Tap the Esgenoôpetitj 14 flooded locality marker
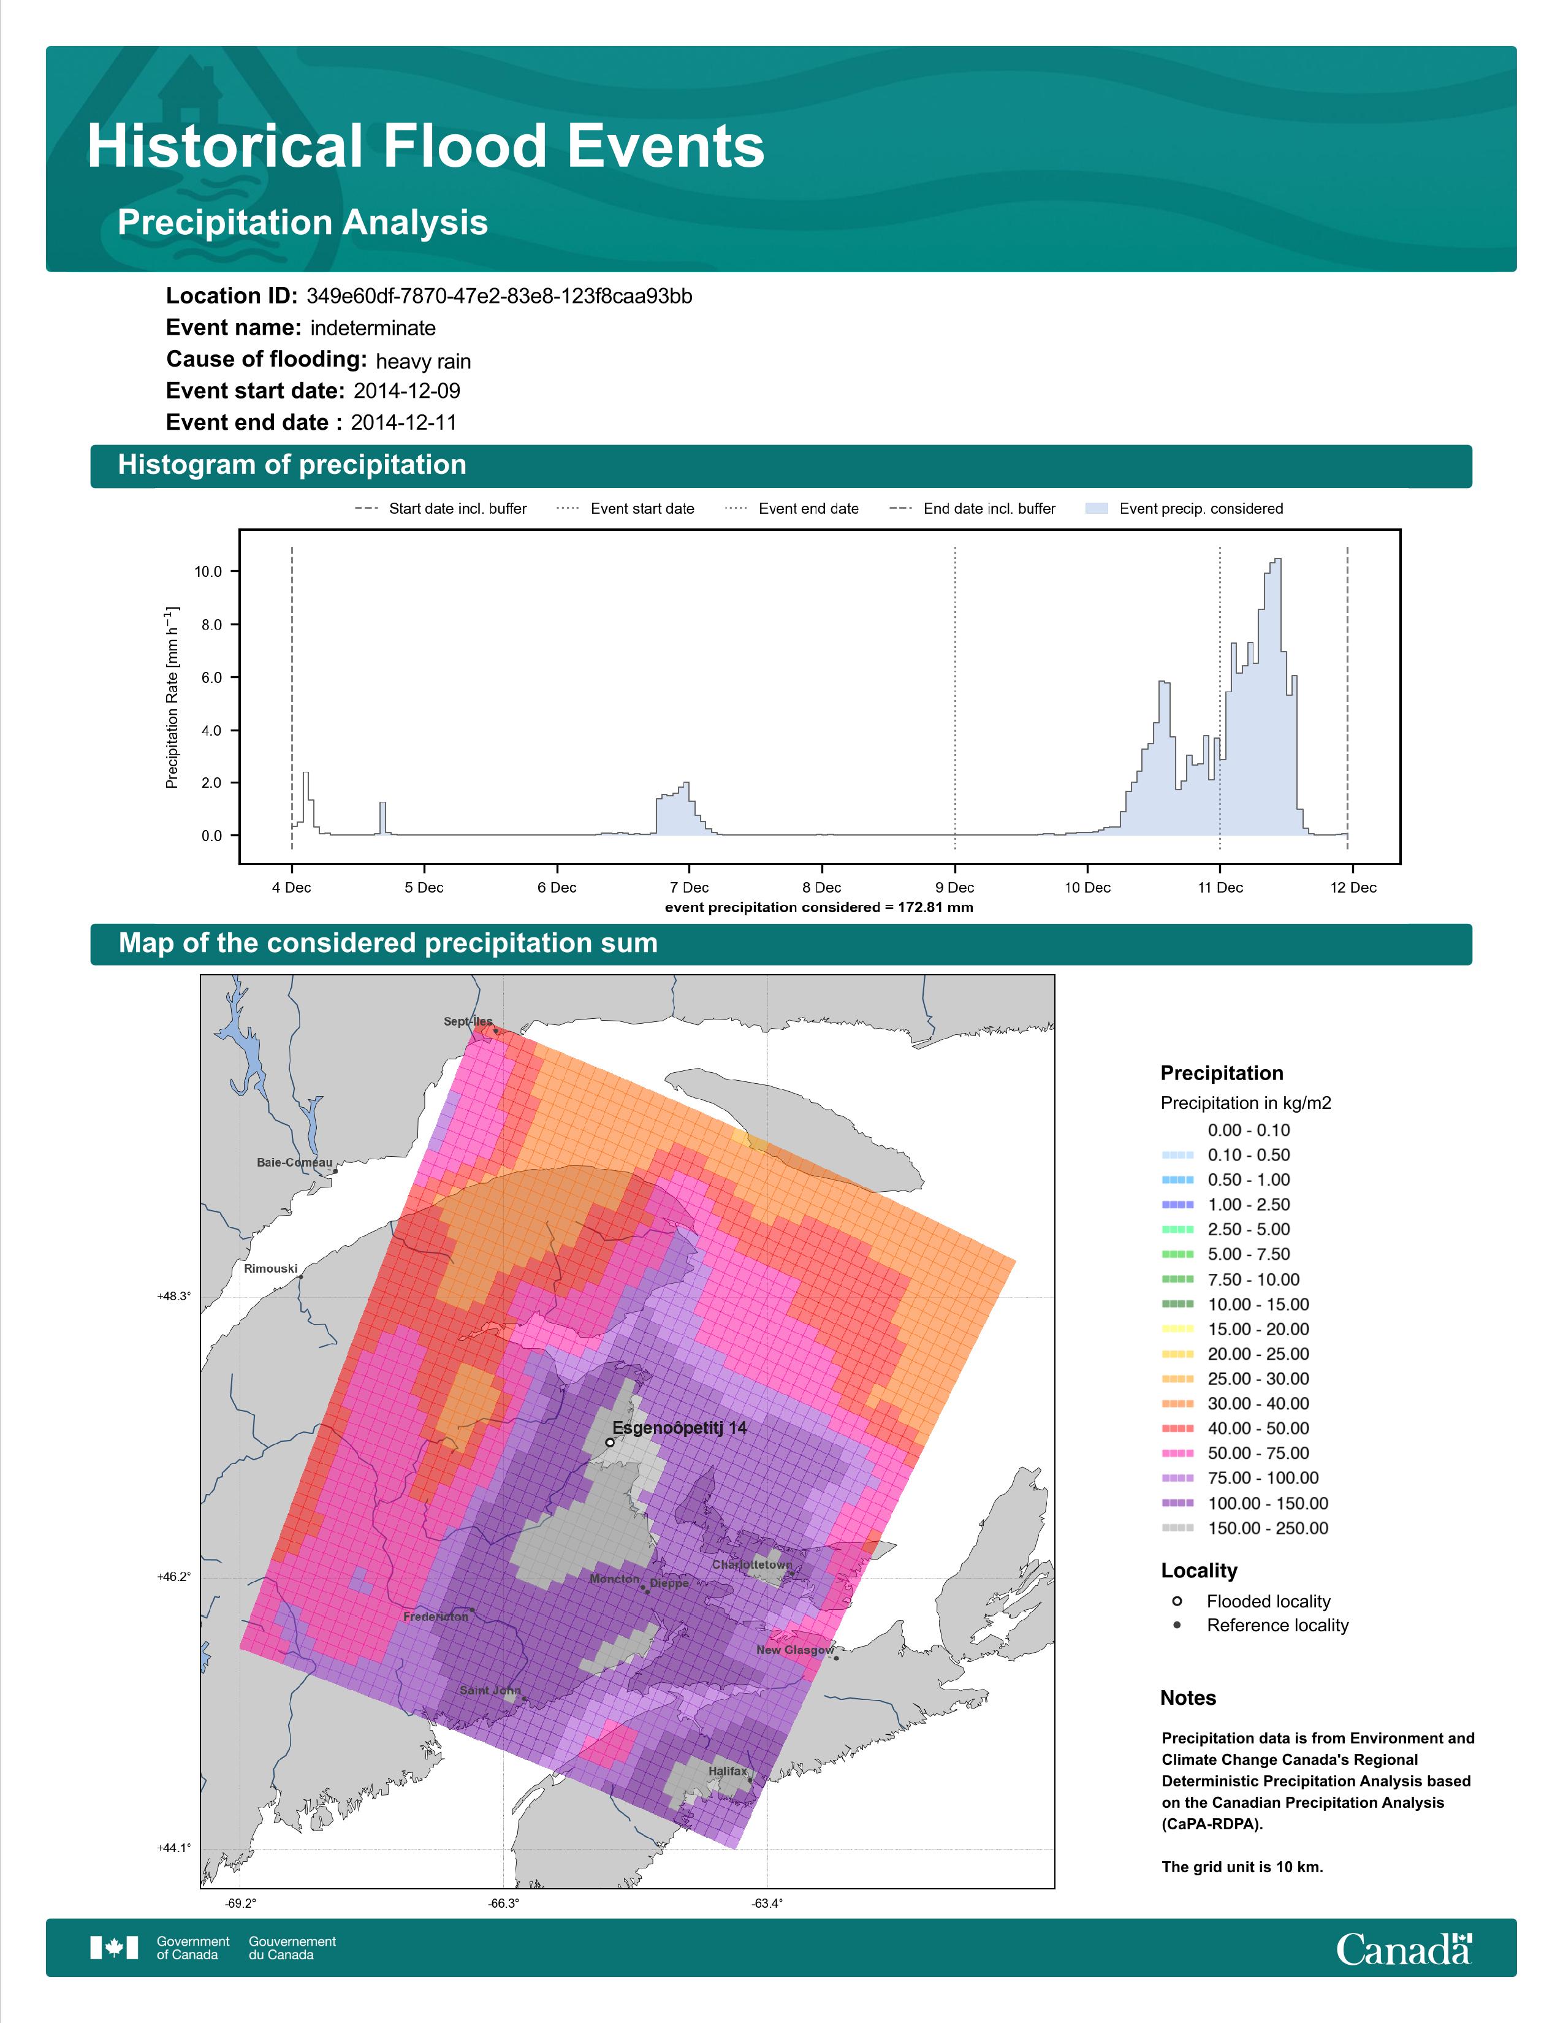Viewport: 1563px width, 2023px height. pyautogui.click(x=609, y=1442)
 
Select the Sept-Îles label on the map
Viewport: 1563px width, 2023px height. pyautogui.click(x=468, y=1022)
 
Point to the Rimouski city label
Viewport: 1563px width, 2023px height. pyautogui.click(x=270, y=1269)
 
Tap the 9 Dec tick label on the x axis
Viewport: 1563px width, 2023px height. pyautogui.click(x=954, y=888)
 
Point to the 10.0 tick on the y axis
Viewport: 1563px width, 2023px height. pyautogui.click(x=208, y=571)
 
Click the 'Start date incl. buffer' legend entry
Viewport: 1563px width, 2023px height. pyautogui.click(x=441, y=509)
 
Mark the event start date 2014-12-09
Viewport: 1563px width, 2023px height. pyautogui.click(x=406, y=391)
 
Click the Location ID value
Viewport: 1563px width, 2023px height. pyautogui.click(x=499, y=297)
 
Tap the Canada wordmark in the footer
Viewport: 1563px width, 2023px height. pyautogui.click(x=1404, y=1949)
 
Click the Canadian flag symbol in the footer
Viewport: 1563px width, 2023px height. pyautogui.click(x=114, y=1948)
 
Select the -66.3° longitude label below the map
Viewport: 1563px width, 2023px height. pyautogui.click(x=503, y=1903)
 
